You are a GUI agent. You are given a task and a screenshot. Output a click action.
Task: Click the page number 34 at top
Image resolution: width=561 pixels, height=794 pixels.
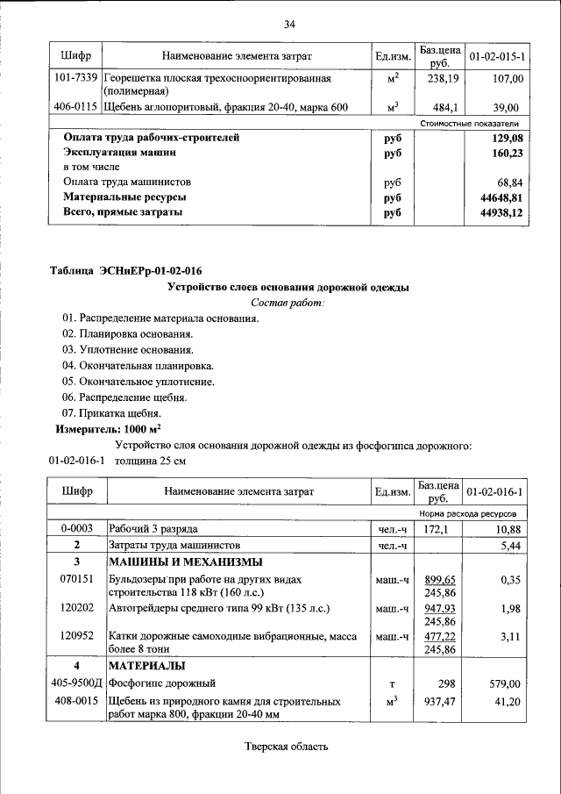point(288,24)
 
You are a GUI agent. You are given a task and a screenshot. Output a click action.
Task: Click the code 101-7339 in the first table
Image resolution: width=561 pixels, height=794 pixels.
point(75,79)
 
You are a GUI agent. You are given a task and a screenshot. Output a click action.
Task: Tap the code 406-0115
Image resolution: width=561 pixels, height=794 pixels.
point(75,107)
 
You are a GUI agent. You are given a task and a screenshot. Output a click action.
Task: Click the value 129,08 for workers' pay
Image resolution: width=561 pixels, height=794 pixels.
point(507,138)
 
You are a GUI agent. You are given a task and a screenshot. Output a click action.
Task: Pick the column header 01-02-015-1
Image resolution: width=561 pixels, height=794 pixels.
point(496,57)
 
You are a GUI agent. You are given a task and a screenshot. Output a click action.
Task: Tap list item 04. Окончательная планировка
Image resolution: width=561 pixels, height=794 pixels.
point(138,365)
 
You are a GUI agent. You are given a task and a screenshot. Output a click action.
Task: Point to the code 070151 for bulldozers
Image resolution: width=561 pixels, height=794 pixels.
point(76,580)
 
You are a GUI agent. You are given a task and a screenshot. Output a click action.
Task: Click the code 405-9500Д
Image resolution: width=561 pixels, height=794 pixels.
point(76,683)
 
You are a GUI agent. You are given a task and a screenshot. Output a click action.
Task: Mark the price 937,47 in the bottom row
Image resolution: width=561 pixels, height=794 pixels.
point(440,703)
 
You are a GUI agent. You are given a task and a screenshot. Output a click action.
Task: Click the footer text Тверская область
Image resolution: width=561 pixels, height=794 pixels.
point(287,747)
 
